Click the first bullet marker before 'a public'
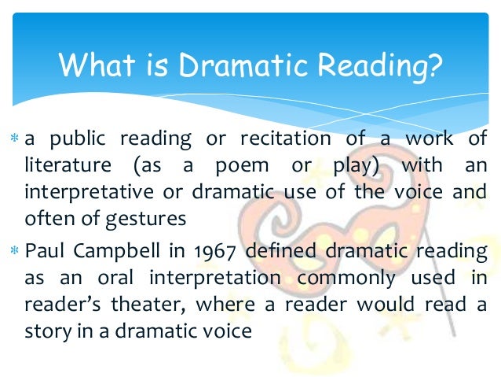[x=16, y=140]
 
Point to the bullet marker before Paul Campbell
[x=16, y=251]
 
